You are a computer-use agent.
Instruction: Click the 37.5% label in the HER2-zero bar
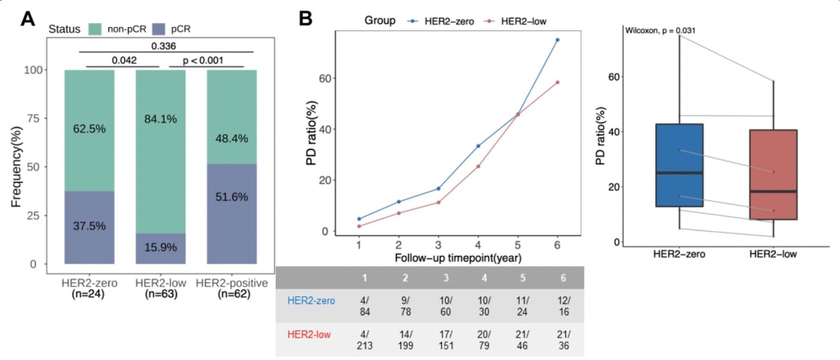click(x=90, y=226)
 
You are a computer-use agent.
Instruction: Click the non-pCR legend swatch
click(x=98, y=29)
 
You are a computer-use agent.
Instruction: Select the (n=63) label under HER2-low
click(x=161, y=295)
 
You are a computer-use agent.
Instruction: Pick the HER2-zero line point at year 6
click(x=557, y=40)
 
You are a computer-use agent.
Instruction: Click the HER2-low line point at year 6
click(x=557, y=82)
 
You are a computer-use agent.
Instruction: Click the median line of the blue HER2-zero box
click(x=679, y=172)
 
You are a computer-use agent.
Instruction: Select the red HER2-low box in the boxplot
click(x=773, y=175)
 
